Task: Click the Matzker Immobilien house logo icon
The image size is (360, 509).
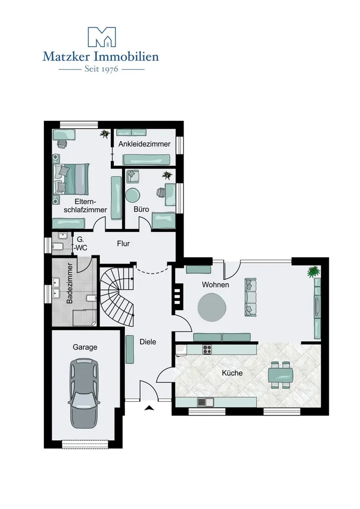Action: pos(101,37)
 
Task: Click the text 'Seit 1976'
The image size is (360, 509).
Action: pos(101,69)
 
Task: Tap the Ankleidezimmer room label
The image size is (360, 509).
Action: pos(144,144)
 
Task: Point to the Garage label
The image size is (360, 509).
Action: pos(85,347)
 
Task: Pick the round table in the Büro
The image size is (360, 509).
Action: pos(133,195)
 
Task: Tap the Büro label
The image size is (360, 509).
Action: pos(141,209)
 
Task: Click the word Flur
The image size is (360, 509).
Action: pos(123,244)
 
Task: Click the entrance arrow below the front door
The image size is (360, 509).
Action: pos(149,408)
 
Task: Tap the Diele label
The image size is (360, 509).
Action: pos(148,342)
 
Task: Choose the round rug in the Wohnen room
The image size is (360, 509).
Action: pos(212,307)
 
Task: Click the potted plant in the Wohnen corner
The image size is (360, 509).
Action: pos(313,272)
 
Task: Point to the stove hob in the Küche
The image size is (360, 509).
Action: pos(207,349)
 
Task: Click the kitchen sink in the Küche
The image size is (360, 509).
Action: pos(205,402)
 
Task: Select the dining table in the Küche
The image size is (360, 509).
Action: pos(280,375)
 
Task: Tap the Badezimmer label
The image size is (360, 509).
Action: pos(70,283)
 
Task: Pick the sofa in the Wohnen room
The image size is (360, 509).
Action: pos(250,297)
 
